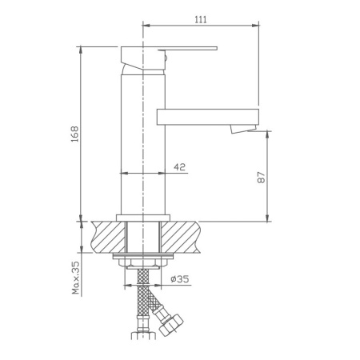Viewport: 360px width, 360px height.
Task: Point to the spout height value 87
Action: pyautogui.click(x=260, y=178)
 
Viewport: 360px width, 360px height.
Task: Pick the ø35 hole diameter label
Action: pyautogui.click(x=180, y=280)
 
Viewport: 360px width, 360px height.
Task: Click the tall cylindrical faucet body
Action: pyautogui.click(x=142, y=144)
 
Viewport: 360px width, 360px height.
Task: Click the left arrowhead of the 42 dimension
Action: pyautogui.click(x=122, y=173)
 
